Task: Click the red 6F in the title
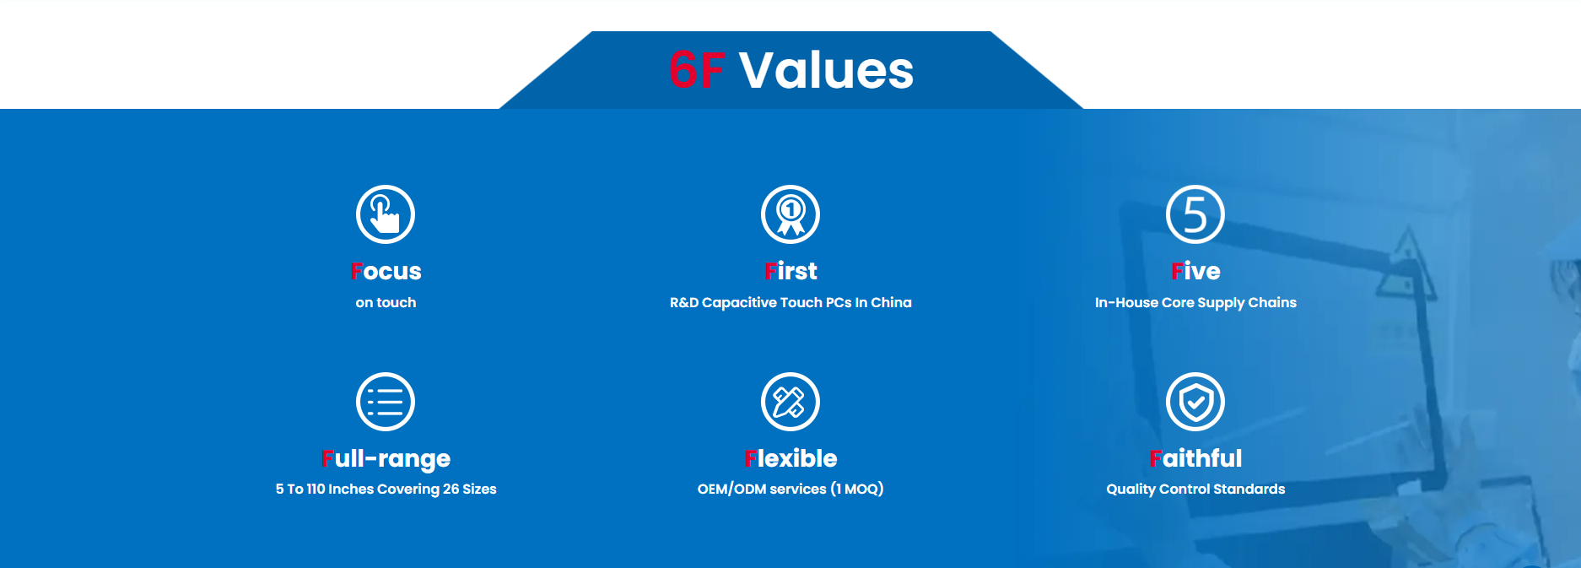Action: click(x=696, y=70)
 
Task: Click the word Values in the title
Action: click(x=826, y=70)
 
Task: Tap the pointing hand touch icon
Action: click(x=386, y=214)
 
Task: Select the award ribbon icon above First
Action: click(x=790, y=214)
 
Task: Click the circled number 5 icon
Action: click(x=1195, y=214)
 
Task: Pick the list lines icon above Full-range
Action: click(x=386, y=402)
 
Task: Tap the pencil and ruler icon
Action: click(x=790, y=402)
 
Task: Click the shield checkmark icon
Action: click(x=1195, y=402)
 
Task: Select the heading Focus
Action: click(x=386, y=271)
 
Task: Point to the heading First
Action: click(x=790, y=271)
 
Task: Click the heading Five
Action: click(x=1195, y=271)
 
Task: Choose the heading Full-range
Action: click(x=386, y=459)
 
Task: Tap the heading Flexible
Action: click(x=790, y=458)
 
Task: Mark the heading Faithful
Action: click(x=1195, y=458)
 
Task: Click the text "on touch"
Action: click(x=386, y=302)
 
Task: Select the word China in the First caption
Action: click(x=891, y=302)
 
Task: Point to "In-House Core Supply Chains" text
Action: click(x=1195, y=303)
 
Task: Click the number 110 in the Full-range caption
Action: click(x=316, y=490)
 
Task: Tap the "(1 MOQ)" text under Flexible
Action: click(x=857, y=490)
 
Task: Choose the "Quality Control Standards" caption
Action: click(x=1195, y=490)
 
